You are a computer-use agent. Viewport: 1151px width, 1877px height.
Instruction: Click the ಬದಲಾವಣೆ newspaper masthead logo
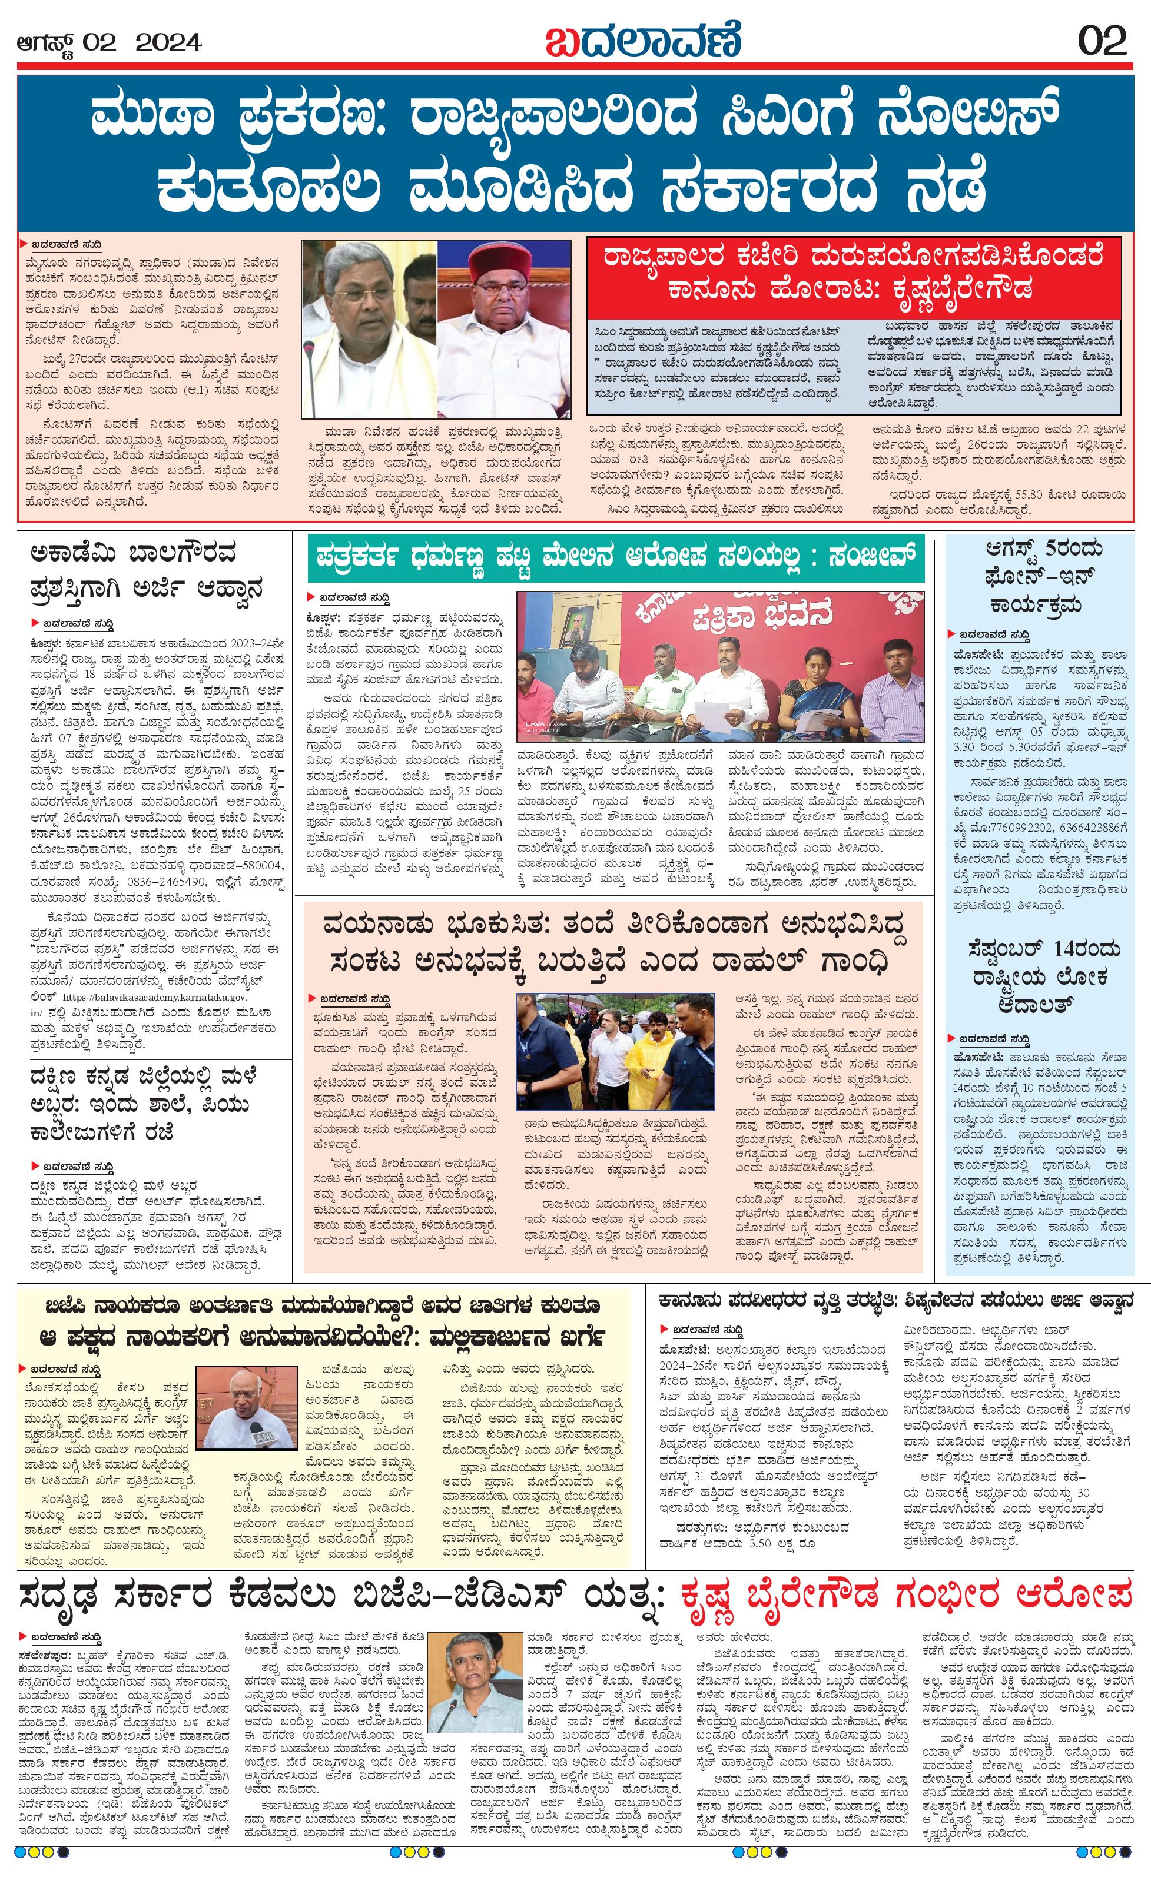(643, 39)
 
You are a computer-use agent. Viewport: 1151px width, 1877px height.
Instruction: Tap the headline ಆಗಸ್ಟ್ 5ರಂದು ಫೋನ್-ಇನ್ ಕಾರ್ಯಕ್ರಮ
(1039, 577)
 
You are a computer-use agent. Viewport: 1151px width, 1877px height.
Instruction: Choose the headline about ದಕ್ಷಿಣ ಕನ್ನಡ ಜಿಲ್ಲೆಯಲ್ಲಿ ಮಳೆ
(145, 1104)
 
